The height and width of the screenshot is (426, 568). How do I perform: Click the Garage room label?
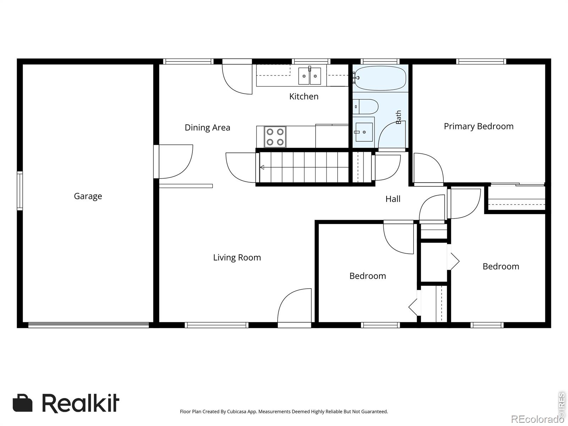point(88,196)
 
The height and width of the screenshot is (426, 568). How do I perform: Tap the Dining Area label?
point(207,127)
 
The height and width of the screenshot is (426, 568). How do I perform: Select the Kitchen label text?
point(304,97)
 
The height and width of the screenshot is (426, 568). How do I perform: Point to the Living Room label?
point(237,258)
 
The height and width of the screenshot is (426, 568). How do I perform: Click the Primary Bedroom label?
point(479,126)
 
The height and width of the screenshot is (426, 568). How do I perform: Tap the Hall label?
point(393,199)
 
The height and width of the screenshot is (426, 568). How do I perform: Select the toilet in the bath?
point(365,106)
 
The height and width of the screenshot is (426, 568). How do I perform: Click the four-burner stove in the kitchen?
point(275,137)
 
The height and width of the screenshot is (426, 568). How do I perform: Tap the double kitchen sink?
point(310,76)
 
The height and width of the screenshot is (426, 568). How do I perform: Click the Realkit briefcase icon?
point(22,403)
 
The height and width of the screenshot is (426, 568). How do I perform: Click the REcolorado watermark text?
point(537,419)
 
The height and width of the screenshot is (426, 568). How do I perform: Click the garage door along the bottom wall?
point(88,325)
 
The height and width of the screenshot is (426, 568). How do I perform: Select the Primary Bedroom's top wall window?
point(481,61)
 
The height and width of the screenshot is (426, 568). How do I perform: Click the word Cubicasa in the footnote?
point(236,411)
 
